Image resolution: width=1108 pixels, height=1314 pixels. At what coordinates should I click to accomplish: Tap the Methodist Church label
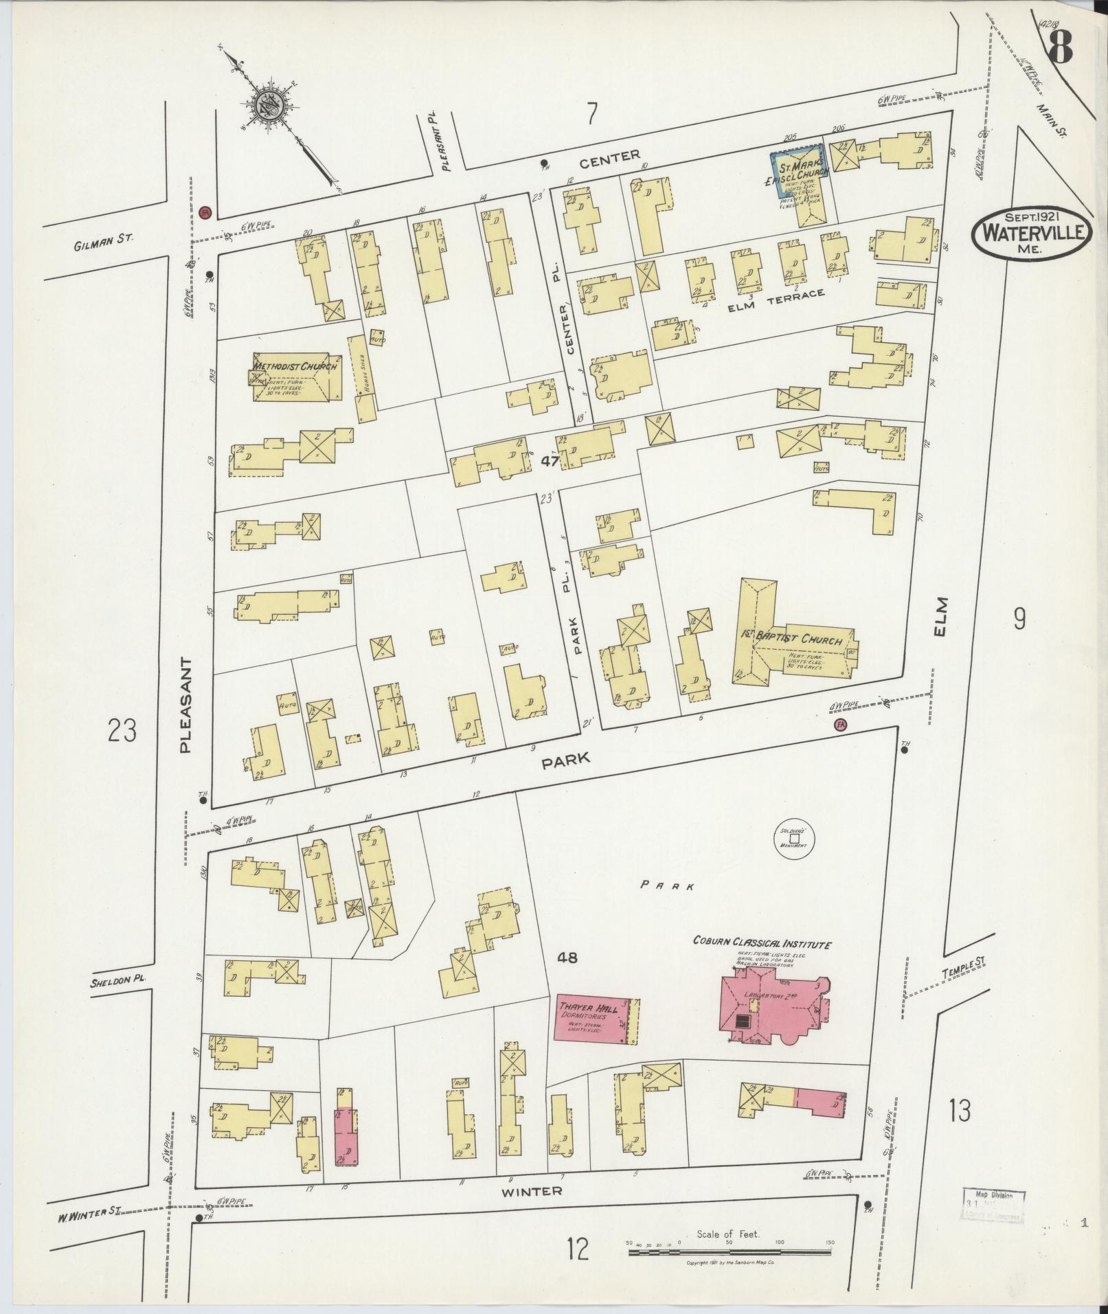[x=296, y=366]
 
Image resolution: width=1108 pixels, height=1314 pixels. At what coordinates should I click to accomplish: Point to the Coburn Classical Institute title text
[x=762, y=944]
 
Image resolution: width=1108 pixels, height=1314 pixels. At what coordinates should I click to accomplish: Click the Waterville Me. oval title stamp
[x=1032, y=234]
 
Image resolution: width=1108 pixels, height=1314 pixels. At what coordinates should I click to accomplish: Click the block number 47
[x=549, y=462]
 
